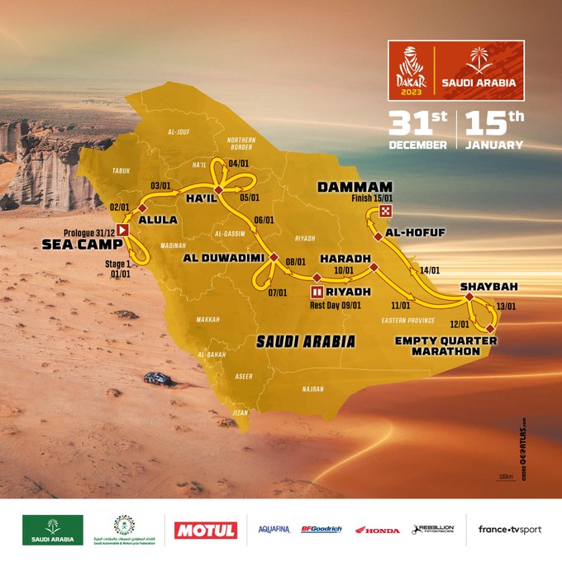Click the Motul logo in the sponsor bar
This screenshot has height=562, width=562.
click(x=206, y=530)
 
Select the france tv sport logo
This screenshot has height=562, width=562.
click(x=509, y=529)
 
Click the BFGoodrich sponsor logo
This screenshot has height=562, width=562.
click(x=321, y=529)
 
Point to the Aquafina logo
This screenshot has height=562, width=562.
click(x=274, y=529)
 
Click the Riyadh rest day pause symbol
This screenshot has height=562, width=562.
click(x=317, y=292)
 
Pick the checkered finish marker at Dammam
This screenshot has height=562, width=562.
click(x=386, y=212)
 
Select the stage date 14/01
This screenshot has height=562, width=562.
click(x=430, y=270)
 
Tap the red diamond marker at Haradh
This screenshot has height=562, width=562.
click(x=374, y=268)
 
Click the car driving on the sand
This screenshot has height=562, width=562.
click(x=158, y=379)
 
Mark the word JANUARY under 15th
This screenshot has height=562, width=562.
click(x=493, y=145)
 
